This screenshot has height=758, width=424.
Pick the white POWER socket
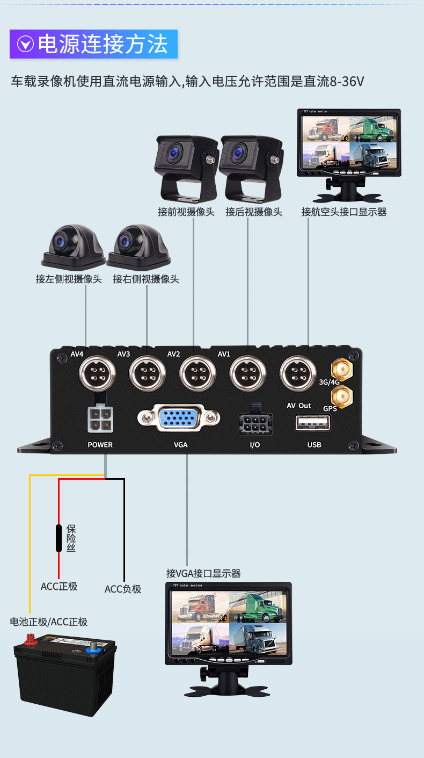(100, 419)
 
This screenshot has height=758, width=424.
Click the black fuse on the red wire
(59, 537)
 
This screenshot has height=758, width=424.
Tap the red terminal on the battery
(30, 639)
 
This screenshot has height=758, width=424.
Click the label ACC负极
(123, 589)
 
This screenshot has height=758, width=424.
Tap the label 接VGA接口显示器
(203, 573)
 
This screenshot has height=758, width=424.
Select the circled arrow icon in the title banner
(25, 45)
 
